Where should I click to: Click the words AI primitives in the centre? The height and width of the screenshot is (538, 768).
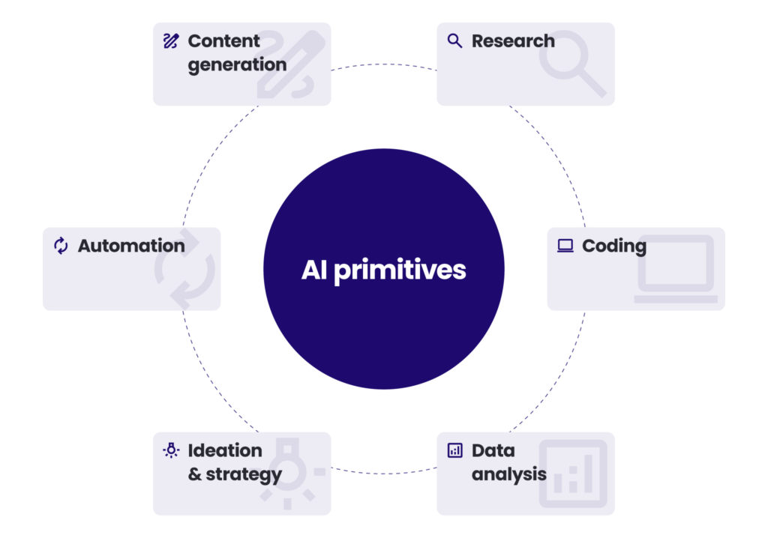pyautogui.click(x=383, y=270)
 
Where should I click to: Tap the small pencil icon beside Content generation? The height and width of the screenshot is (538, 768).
pyautogui.click(x=171, y=40)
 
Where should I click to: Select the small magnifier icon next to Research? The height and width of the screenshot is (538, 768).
pyautogui.click(x=454, y=40)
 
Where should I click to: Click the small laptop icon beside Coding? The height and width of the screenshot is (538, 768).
pyautogui.click(x=565, y=246)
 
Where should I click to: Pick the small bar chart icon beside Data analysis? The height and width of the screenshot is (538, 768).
pyautogui.click(x=454, y=450)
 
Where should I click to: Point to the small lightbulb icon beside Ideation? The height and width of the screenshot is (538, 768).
pyautogui.click(x=171, y=450)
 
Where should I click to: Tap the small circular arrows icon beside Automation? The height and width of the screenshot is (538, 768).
pyautogui.click(x=61, y=246)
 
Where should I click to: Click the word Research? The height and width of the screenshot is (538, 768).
pyautogui.click(x=513, y=40)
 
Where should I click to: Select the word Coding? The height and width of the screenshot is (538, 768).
pyautogui.click(x=613, y=246)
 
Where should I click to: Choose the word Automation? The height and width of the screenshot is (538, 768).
pyautogui.click(x=131, y=246)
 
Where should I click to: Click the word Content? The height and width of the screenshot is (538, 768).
pyautogui.click(x=223, y=40)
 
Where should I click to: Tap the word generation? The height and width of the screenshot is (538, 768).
pyautogui.click(x=237, y=65)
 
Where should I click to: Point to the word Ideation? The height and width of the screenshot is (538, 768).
pyautogui.click(x=225, y=450)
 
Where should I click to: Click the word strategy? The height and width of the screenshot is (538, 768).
pyautogui.click(x=244, y=475)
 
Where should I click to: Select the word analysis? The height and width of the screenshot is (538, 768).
pyautogui.click(x=508, y=475)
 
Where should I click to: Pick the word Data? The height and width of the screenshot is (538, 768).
pyautogui.click(x=493, y=450)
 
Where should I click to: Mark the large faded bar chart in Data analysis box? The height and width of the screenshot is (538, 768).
pyautogui.click(x=573, y=472)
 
